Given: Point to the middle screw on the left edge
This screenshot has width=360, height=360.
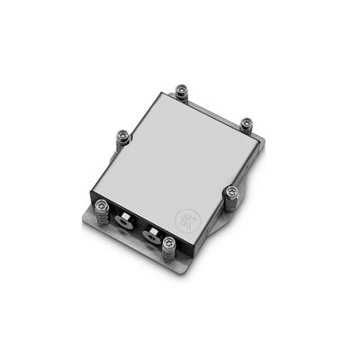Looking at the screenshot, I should [122, 137].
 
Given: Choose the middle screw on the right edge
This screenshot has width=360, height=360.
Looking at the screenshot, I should [231, 191].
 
